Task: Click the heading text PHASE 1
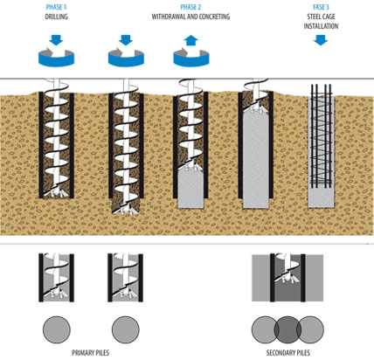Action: tap(56, 7)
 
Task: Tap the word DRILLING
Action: tap(56, 17)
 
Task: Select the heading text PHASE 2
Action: tap(190, 7)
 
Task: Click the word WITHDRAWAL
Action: tap(168, 17)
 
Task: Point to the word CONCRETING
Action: tap(214, 17)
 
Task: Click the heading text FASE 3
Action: tap(321, 7)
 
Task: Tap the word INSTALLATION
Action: tap(321, 26)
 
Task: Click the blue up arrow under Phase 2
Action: tap(191, 40)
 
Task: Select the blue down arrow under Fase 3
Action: tap(321, 40)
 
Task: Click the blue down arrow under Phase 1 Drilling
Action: tap(56, 40)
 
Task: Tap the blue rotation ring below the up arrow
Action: tap(191, 59)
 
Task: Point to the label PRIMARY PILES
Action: tap(91, 353)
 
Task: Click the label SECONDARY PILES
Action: tap(288, 353)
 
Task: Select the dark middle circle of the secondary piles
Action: tap(287, 329)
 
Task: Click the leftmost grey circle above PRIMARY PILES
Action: tap(57, 329)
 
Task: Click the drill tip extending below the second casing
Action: tap(126, 207)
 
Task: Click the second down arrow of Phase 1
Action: tap(126, 40)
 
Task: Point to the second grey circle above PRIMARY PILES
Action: tap(126, 329)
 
